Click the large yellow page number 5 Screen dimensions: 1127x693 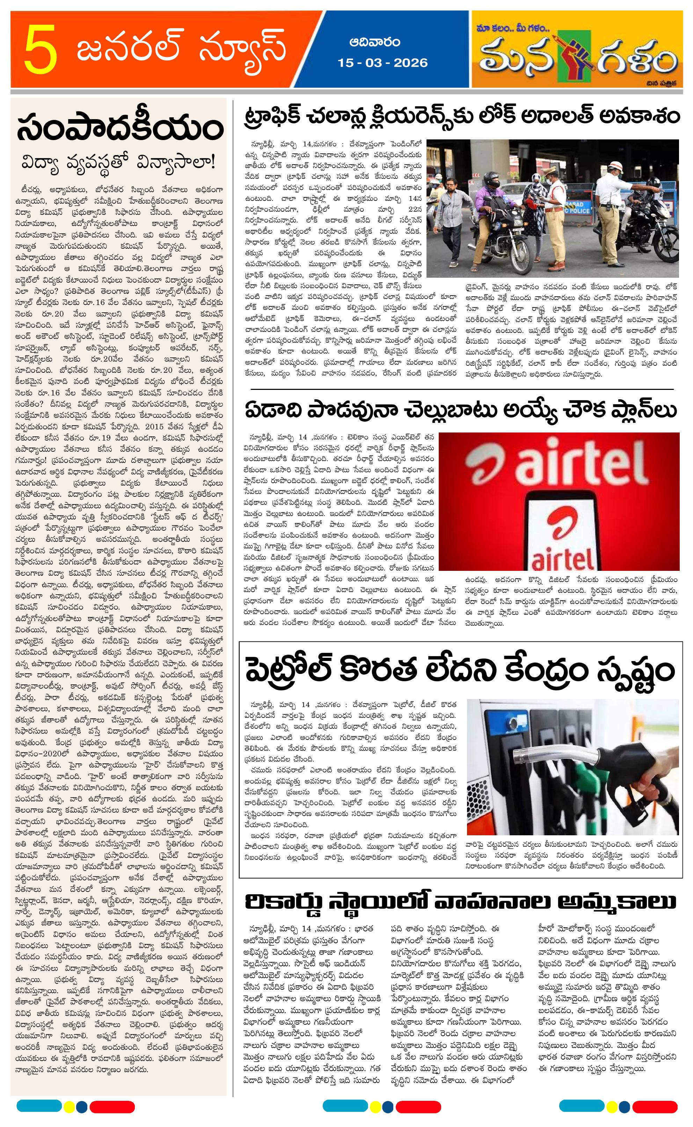tap(41, 50)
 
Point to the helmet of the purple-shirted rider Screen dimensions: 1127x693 tap(491, 180)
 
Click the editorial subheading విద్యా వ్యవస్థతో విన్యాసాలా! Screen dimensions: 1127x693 tap(119, 163)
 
